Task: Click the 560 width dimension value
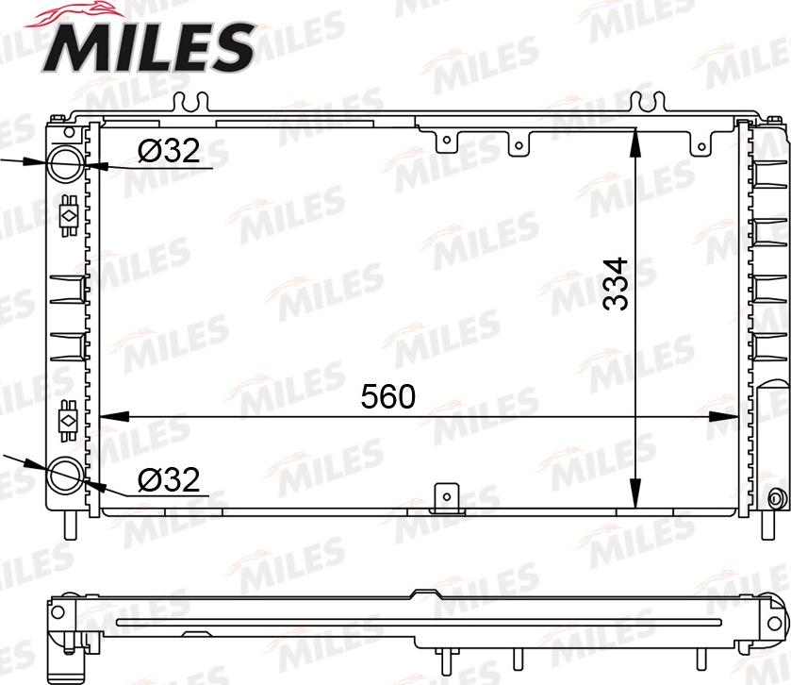click(x=387, y=397)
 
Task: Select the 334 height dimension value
click(x=615, y=283)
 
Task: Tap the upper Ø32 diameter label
click(x=169, y=152)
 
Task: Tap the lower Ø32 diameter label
click(x=169, y=480)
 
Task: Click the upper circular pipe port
click(x=66, y=163)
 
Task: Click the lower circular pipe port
click(x=66, y=474)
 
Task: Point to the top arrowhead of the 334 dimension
click(x=637, y=138)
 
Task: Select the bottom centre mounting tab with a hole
click(x=445, y=497)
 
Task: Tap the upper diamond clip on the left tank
click(x=68, y=214)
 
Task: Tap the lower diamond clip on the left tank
click(x=68, y=415)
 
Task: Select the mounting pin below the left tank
click(x=68, y=522)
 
